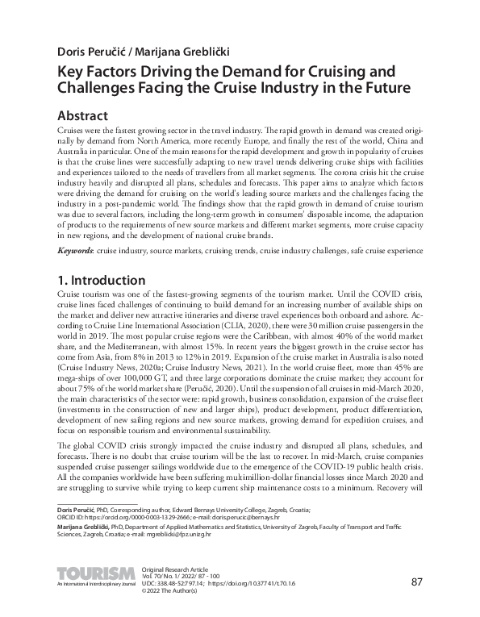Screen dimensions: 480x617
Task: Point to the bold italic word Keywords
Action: pos(77,251)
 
